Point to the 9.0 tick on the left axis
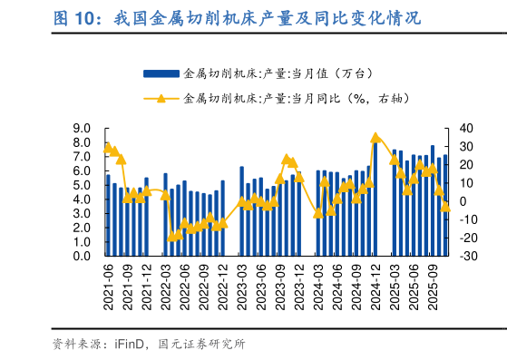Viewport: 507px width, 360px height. tap(82, 129)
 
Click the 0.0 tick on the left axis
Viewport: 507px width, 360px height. tap(82, 257)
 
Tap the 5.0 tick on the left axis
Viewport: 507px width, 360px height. tap(82, 186)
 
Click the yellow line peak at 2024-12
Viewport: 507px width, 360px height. tap(375, 138)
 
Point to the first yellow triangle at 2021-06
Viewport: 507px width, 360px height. tap(108, 147)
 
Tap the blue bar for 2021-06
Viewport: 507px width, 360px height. tap(108, 216)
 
